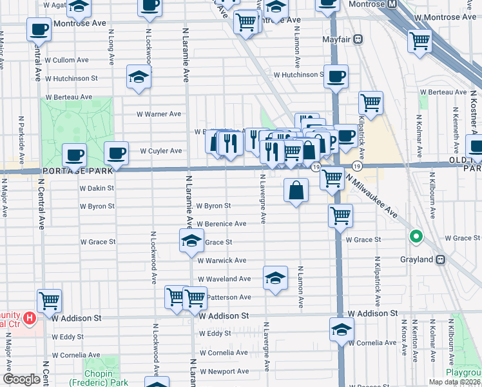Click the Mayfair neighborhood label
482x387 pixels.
(x=339, y=39)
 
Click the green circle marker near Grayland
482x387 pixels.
(x=416, y=237)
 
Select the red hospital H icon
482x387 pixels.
(x=29, y=318)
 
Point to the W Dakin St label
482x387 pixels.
(x=97, y=188)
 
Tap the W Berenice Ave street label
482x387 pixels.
(x=222, y=224)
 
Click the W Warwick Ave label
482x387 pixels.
(x=222, y=261)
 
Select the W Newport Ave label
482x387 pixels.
(x=224, y=371)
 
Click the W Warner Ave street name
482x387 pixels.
(x=159, y=114)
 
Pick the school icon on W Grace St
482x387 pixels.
(x=191, y=241)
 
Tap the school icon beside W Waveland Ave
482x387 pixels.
(x=275, y=278)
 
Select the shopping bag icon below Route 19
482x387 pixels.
(x=296, y=190)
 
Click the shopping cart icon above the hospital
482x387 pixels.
(x=49, y=299)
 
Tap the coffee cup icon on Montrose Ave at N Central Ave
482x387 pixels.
(x=39, y=29)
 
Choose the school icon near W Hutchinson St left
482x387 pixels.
(x=138, y=77)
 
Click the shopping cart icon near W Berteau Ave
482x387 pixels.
(x=371, y=102)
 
